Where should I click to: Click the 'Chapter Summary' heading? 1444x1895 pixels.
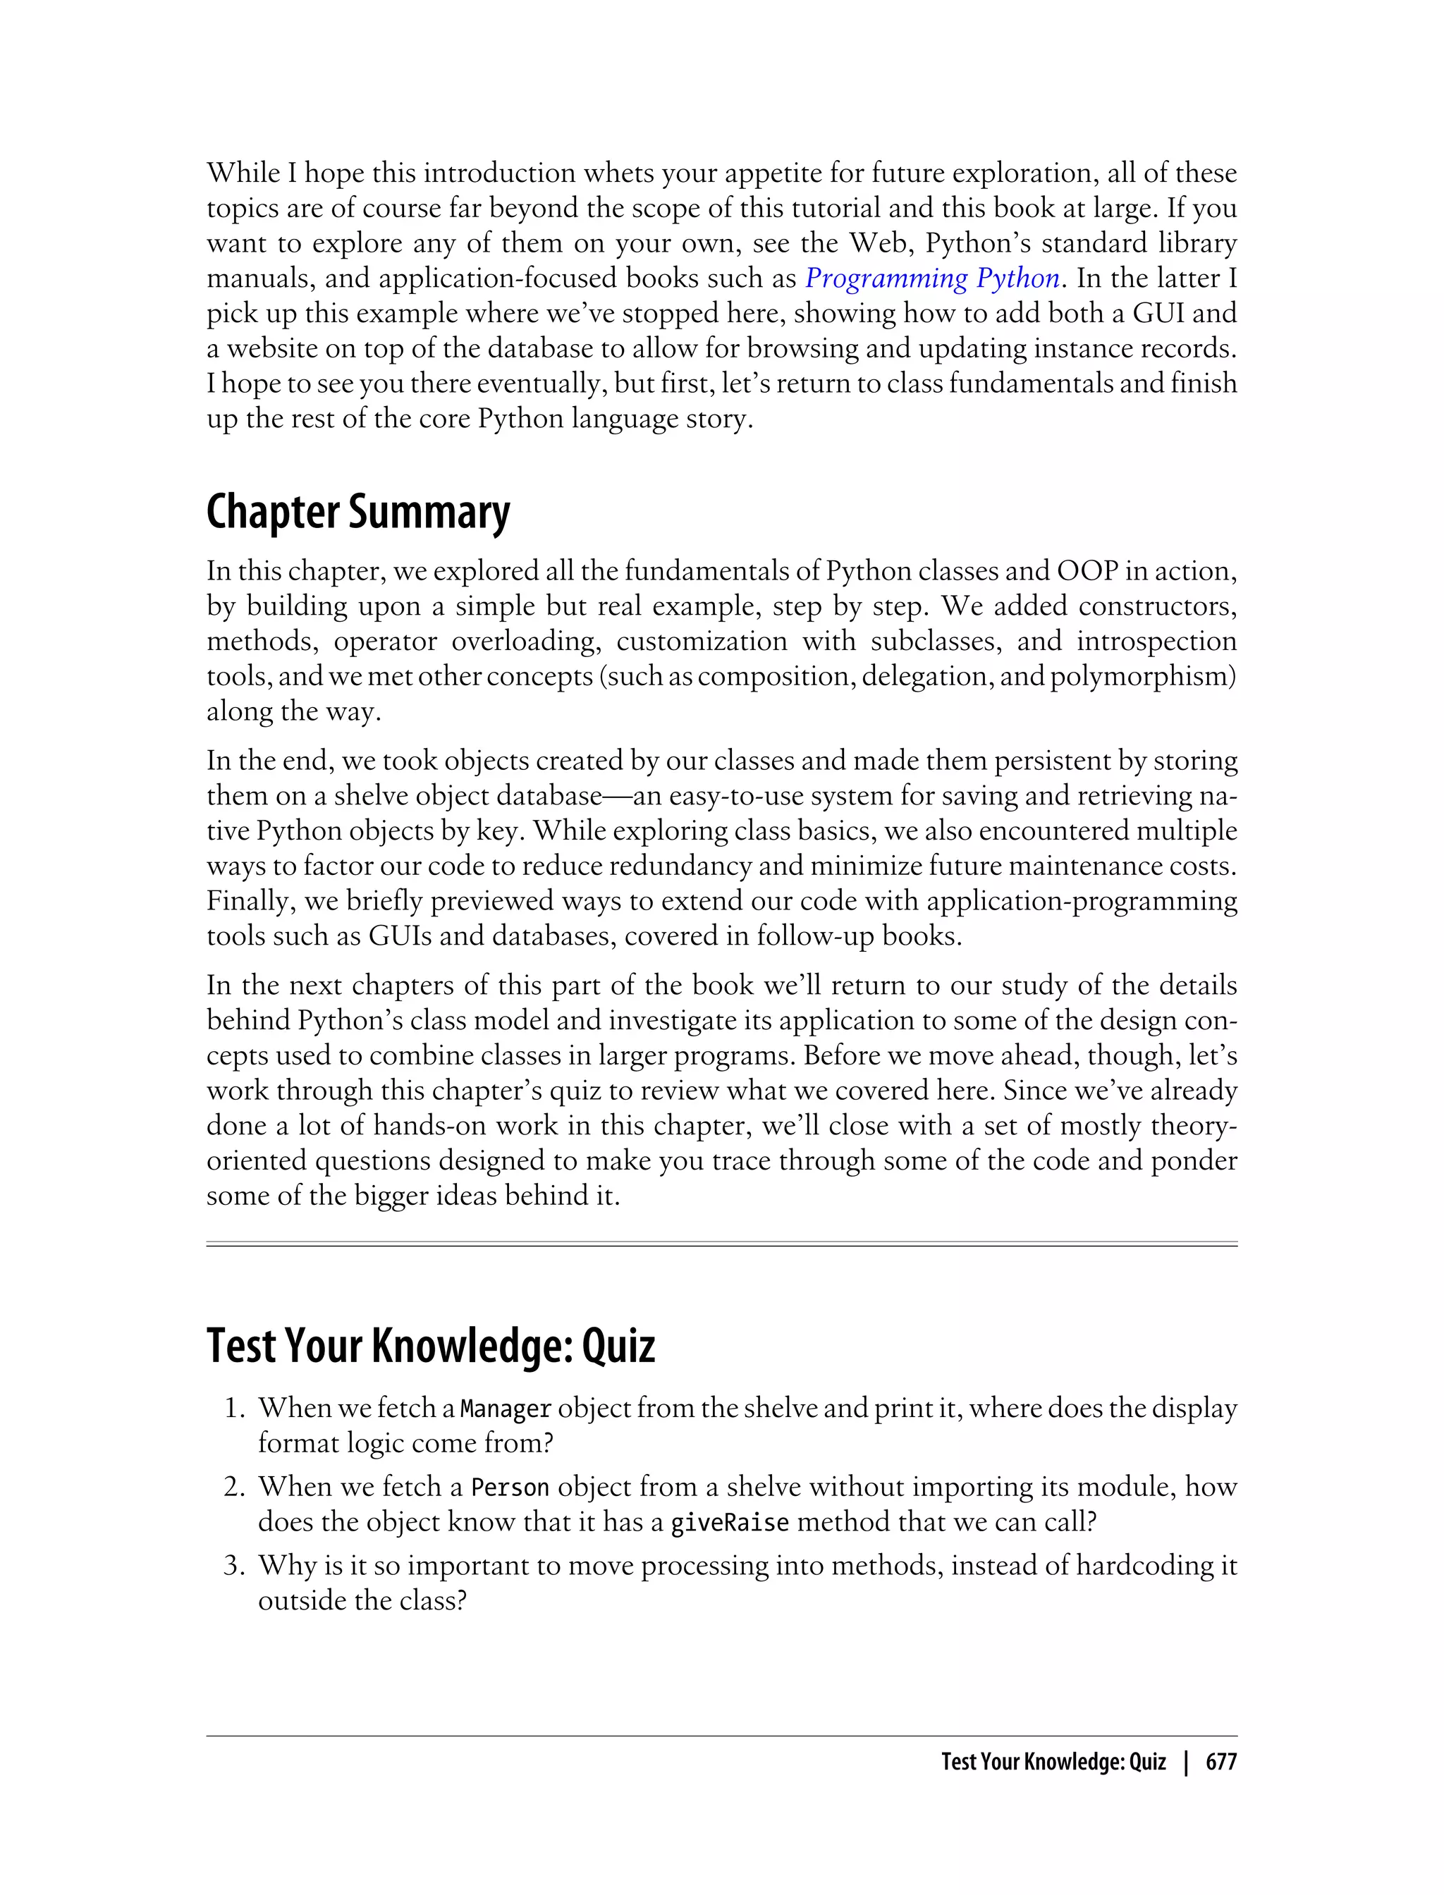[x=357, y=513]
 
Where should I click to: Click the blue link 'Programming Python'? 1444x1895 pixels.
[x=931, y=278]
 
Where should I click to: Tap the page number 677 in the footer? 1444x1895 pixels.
[x=1220, y=1762]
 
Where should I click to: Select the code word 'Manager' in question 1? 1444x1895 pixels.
[x=506, y=1409]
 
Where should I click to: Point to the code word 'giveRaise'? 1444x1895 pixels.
[x=729, y=1523]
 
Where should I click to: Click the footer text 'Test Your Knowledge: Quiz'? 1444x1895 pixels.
[x=1053, y=1762]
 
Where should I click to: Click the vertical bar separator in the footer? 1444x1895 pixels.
[x=1186, y=1762]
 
